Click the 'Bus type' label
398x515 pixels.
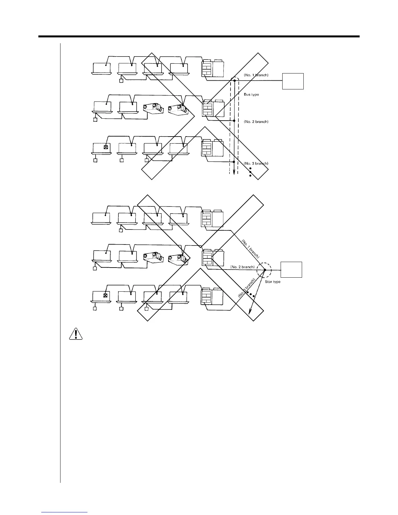coord(251,95)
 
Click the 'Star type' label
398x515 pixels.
coord(272,282)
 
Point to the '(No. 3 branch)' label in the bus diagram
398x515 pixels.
coord(256,163)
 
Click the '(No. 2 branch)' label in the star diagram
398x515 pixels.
coord(242,267)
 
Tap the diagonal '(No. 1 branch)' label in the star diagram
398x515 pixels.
coord(251,249)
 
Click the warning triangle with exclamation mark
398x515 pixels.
coord(75,334)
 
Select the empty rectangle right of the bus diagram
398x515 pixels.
coord(293,81)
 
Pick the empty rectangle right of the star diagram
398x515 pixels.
coord(291,270)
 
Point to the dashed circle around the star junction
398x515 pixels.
coord(264,270)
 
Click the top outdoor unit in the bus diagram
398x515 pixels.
coord(212,68)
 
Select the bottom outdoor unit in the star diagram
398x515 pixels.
coord(212,297)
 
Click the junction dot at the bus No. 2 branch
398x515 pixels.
coord(234,120)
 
